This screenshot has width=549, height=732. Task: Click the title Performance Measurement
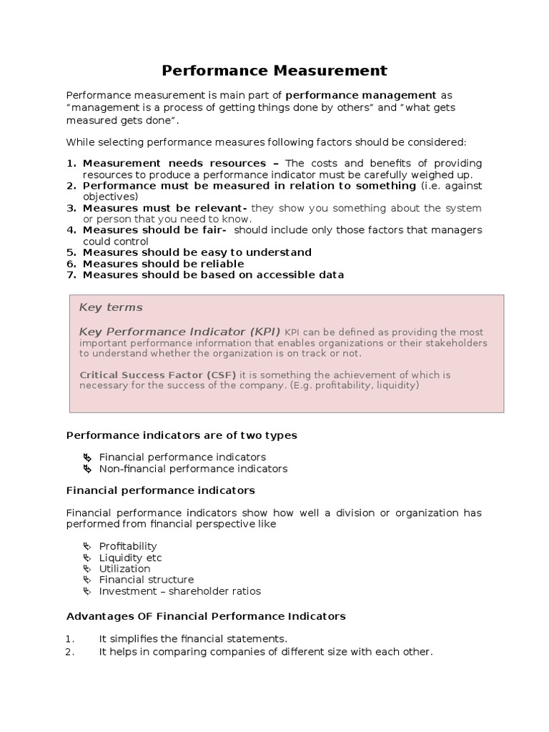274,70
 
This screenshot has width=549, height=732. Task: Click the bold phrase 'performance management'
361,95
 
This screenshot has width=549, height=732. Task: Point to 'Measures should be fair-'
155,230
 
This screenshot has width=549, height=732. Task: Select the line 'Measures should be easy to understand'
197,252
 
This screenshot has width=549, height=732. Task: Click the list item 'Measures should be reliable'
163,264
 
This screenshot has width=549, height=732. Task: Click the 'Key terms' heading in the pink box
111,307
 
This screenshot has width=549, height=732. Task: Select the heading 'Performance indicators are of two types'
182,435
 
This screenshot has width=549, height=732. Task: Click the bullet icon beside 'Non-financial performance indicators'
87,469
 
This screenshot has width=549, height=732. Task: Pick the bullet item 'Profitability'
127,546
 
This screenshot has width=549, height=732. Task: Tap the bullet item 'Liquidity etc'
130,558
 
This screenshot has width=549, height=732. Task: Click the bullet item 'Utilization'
124,568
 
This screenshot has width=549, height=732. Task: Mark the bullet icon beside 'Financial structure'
87,580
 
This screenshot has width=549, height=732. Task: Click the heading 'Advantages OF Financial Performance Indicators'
206,615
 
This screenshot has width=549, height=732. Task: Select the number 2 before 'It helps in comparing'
70,652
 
